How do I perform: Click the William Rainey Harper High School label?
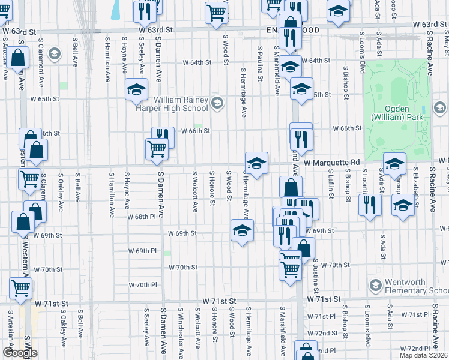click(181, 104)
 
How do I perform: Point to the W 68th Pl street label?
click(142, 217)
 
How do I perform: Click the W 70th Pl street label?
click(142, 284)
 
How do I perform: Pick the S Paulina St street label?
click(260, 64)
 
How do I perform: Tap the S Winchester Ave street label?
click(180, 329)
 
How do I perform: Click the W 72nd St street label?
click(327, 333)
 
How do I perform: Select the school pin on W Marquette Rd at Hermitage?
click(256, 163)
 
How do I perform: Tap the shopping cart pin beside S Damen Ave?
click(157, 148)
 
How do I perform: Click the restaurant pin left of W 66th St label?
click(163, 136)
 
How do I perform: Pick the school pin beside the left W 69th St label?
click(242, 230)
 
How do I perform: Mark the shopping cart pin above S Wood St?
click(216, 11)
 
